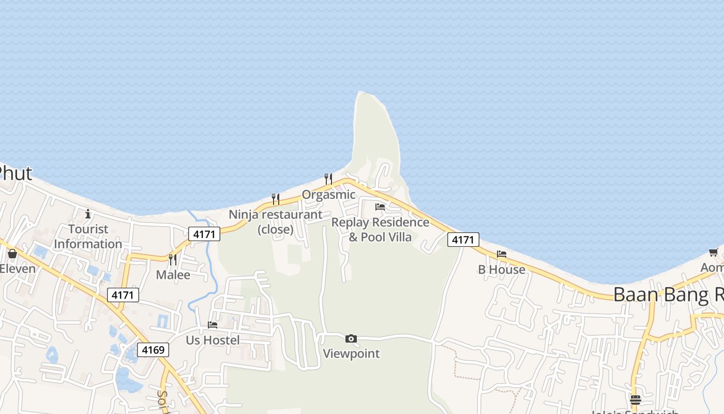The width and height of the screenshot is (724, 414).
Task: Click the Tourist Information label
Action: click(88, 236)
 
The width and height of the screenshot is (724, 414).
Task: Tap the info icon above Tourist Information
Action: click(88, 214)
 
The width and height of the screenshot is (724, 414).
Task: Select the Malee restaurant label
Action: click(173, 275)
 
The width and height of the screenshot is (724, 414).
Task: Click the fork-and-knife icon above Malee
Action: click(173, 259)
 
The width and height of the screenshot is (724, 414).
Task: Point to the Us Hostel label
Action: click(213, 340)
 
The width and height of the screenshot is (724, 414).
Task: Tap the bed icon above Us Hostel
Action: click(213, 325)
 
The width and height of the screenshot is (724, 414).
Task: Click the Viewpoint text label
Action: click(351, 353)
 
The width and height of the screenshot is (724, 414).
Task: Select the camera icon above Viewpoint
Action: click(351, 338)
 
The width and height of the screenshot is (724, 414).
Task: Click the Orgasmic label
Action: click(329, 195)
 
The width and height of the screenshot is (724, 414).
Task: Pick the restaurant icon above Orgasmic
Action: click(328, 179)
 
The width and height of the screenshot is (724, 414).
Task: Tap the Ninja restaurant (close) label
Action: click(276, 221)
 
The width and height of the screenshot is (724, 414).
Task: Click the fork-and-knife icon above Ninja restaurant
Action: click(276, 199)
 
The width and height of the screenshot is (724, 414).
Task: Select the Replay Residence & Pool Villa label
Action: click(380, 230)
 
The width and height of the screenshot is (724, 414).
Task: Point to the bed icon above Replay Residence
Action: click(380, 207)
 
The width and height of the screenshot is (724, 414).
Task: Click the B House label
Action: click(502, 270)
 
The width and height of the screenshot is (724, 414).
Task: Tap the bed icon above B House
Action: click(502, 254)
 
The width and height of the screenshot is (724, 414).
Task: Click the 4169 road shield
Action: click(153, 350)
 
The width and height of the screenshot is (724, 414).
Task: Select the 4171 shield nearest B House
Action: click(463, 240)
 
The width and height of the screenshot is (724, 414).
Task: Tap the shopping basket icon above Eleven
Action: click(12, 254)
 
